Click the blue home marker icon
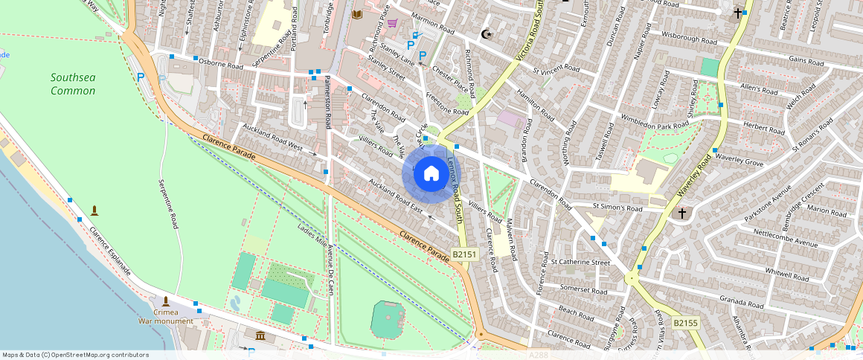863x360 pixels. [x=431, y=174]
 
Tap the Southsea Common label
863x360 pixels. [x=73, y=84]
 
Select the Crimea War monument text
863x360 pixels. [x=166, y=317]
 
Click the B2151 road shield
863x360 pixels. [x=464, y=254]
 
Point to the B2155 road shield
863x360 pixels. [x=685, y=323]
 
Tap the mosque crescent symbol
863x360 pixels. [x=487, y=34]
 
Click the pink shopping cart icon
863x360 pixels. [x=392, y=23]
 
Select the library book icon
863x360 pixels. [x=357, y=14]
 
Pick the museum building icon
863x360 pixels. [x=260, y=336]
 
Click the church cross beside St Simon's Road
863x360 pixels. [x=681, y=213]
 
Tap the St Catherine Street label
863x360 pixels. [x=580, y=262]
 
